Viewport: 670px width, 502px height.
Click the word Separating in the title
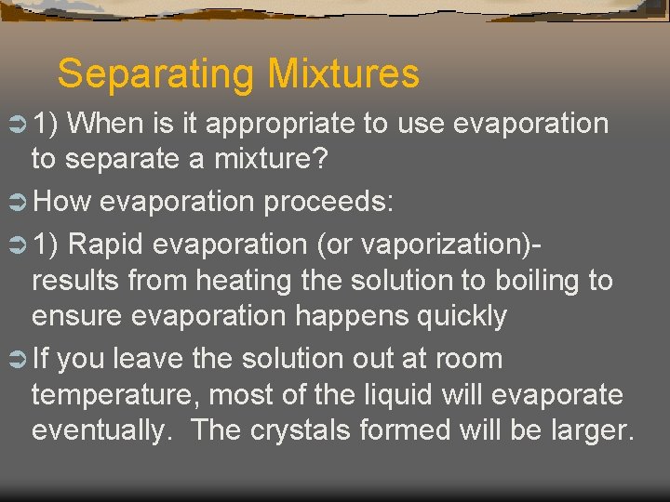pyautogui.click(x=155, y=74)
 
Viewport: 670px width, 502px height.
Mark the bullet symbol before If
pyautogui.click(x=17, y=359)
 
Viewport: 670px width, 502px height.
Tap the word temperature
pyautogui.click(x=114, y=395)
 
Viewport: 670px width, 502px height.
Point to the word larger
pyautogui.click(x=583, y=431)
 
